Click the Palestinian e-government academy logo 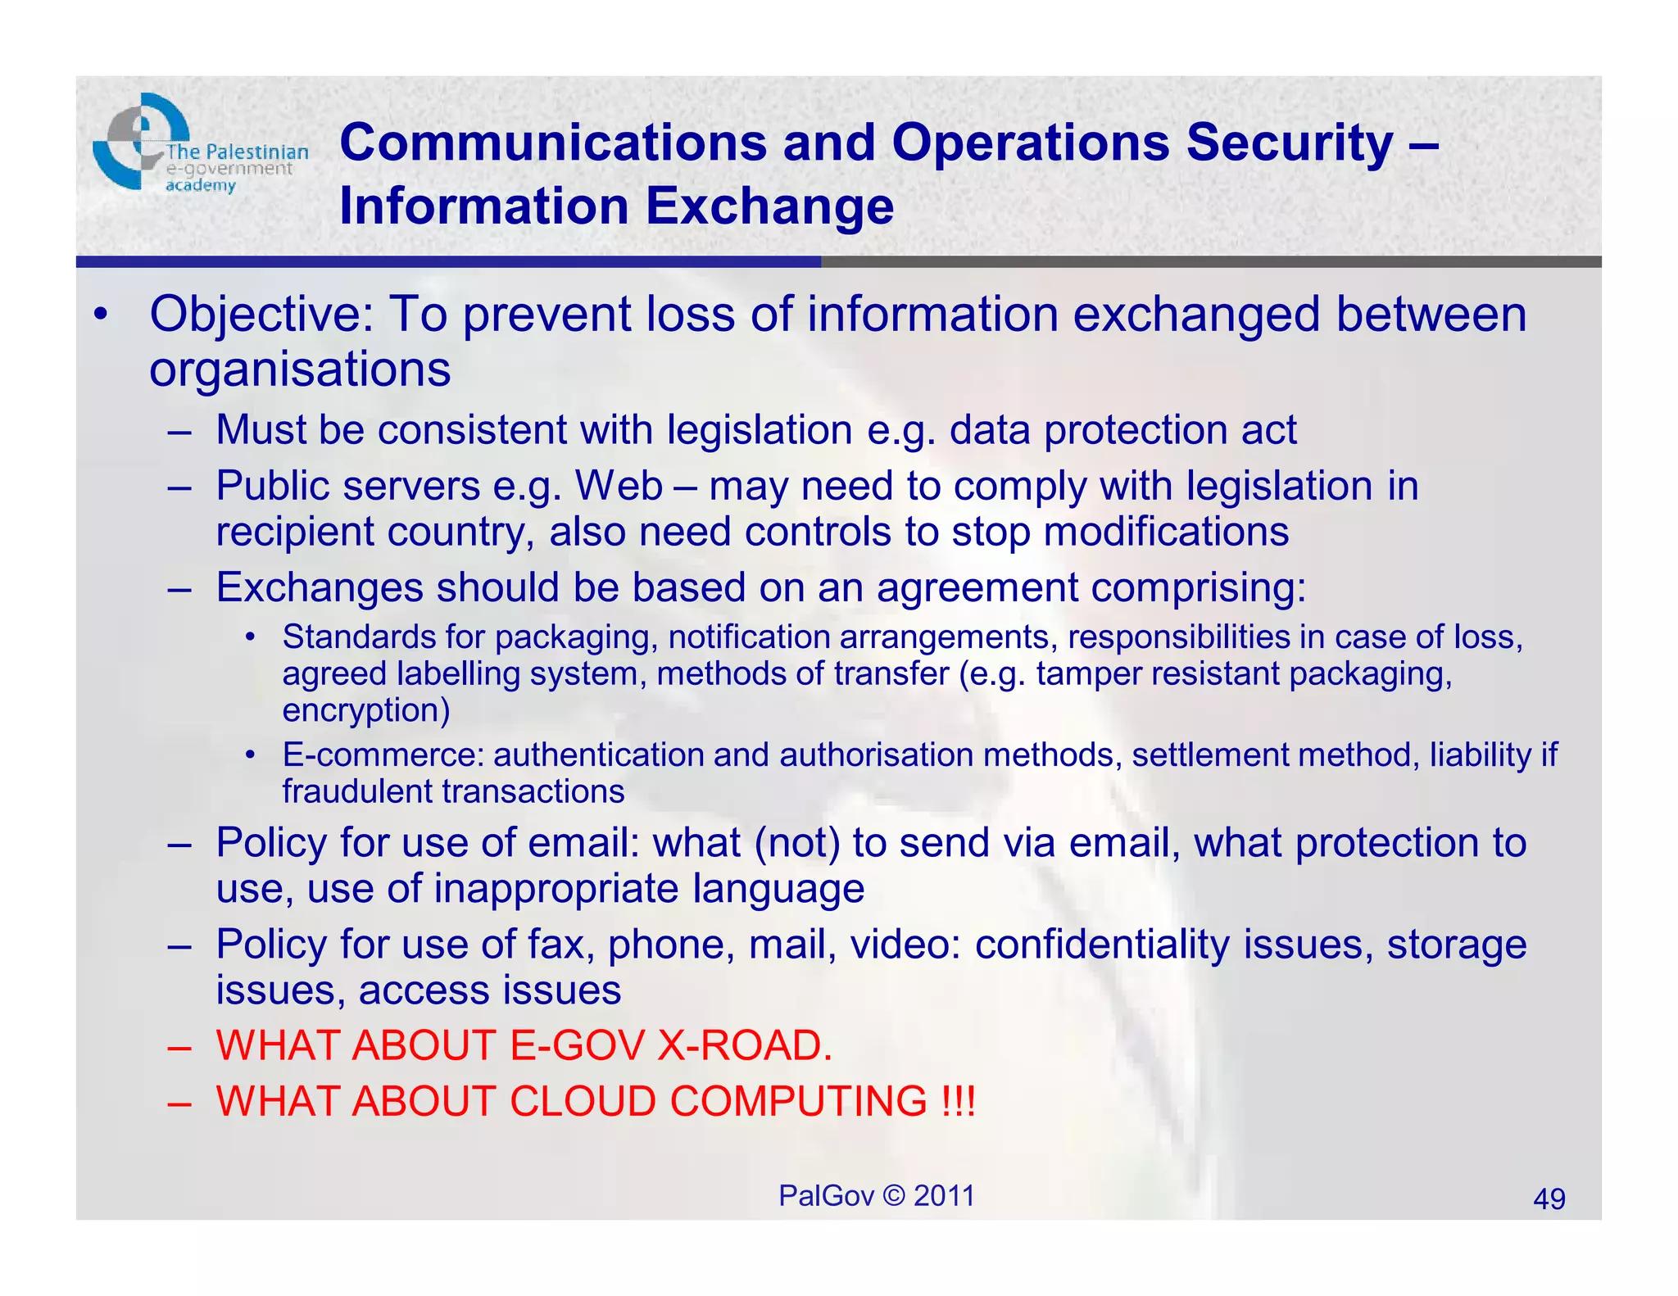pyautogui.click(x=197, y=147)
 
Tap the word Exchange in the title pyautogui.click(x=769, y=206)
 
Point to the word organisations pyautogui.click(x=300, y=369)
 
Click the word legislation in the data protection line pyautogui.click(x=760, y=429)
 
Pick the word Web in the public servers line pyautogui.click(x=619, y=486)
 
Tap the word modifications pyautogui.click(x=1166, y=532)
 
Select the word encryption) pyautogui.click(x=366, y=710)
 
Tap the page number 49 pyautogui.click(x=1549, y=1199)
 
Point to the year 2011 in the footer pyautogui.click(x=944, y=1196)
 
